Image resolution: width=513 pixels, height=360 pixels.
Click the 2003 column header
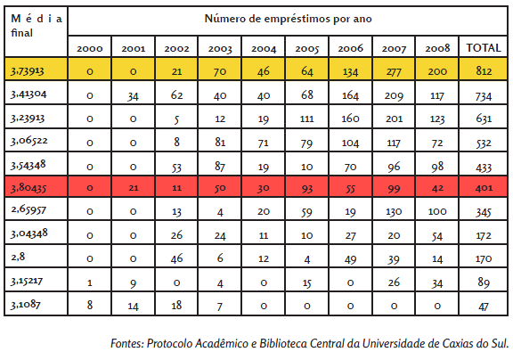[x=220, y=49]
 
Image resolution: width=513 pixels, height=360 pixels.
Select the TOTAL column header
[x=484, y=48]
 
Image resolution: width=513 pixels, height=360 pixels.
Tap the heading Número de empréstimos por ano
[x=288, y=19]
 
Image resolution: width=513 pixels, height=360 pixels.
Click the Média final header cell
[x=36, y=26]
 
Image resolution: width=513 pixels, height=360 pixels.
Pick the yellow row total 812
[x=484, y=71]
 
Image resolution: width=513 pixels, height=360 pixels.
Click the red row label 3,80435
[x=28, y=188]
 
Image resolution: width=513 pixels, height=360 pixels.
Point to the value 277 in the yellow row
[x=394, y=71]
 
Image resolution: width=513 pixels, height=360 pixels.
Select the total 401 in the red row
[x=484, y=187]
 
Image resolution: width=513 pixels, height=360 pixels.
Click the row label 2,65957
[x=28, y=209]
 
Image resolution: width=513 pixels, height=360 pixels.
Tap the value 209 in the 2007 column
[x=394, y=95]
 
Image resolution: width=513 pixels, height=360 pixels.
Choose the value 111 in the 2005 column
[x=307, y=119]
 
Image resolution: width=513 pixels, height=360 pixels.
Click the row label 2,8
[x=18, y=257]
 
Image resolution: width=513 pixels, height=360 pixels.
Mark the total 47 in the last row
[x=484, y=307]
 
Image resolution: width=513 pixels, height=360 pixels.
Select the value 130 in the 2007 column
[x=394, y=212]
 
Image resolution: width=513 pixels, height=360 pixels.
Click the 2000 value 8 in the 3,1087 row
[x=90, y=305]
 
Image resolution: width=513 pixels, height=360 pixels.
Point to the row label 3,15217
[x=27, y=281]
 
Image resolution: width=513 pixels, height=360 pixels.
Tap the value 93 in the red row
[x=307, y=189]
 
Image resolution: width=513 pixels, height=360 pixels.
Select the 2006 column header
[x=350, y=48]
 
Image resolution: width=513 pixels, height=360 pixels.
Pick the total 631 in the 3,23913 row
[x=484, y=119]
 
